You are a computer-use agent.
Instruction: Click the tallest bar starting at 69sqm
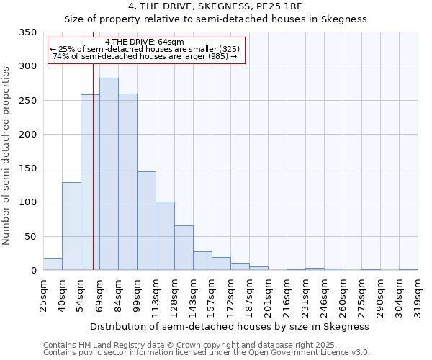point(109,174)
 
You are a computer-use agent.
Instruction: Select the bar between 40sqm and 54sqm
point(71,226)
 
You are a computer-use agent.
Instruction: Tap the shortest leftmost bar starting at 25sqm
point(53,264)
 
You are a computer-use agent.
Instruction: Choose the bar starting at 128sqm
point(184,248)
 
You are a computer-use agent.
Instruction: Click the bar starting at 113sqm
point(165,236)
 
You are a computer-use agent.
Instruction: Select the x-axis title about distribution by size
point(230,326)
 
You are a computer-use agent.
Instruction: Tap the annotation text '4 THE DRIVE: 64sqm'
point(145,42)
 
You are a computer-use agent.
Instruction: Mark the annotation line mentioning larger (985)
point(145,56)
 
